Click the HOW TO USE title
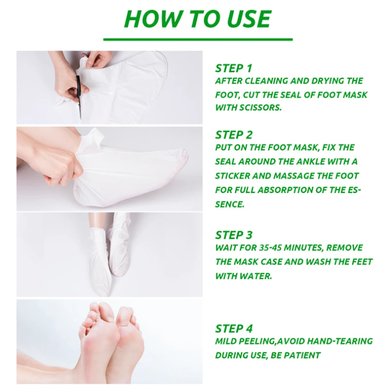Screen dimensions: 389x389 [197, 19]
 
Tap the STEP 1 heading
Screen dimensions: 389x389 [233, 69]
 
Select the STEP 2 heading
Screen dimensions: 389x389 [233, 135]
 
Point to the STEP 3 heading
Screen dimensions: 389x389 [233, 235]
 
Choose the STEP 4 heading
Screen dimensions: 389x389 [233, 329]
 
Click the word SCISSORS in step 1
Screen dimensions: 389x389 [261, 107]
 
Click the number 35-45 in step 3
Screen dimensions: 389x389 [270, 248]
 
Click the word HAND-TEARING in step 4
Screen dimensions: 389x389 [340, 341]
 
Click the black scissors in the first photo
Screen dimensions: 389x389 [79, 97]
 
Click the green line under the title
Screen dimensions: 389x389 [198, 39]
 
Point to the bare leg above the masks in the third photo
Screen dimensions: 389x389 [98, 220]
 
